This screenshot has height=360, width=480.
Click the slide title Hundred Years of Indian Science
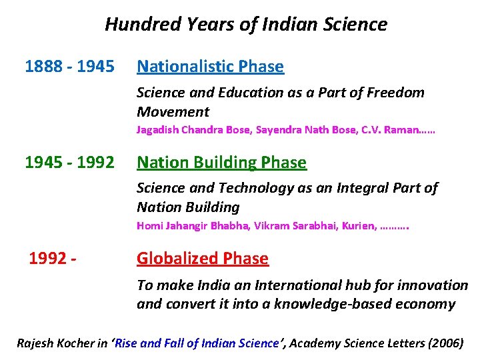tap(245, 25)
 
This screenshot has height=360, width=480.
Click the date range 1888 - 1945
tap(69, 67)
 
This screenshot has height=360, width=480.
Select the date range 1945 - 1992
tap(69, 163)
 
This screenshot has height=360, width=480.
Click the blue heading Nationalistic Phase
tap(210, 67)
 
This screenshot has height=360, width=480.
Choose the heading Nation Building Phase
tap(221, 163)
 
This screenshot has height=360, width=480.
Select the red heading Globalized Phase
tap(203, 259)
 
